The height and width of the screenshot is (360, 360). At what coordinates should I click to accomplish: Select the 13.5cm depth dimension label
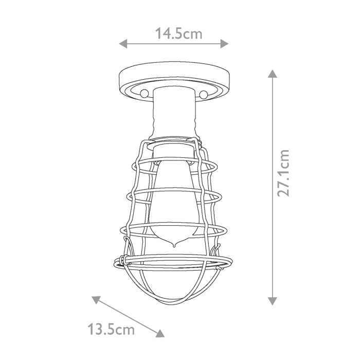coord(112,329)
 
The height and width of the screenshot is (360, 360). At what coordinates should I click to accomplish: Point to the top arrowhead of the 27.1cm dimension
coord(273,74)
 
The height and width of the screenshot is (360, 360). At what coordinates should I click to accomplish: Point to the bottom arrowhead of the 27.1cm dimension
coord(273,301)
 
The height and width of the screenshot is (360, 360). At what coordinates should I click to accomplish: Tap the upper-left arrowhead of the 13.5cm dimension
coord(95,299)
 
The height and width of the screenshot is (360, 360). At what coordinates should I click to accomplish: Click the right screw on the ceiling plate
coord(204,94)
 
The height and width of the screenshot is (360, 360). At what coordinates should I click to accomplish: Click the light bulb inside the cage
coord(174,201)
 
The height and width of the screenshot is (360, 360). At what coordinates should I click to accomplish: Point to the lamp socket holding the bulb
coord(174,151)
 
